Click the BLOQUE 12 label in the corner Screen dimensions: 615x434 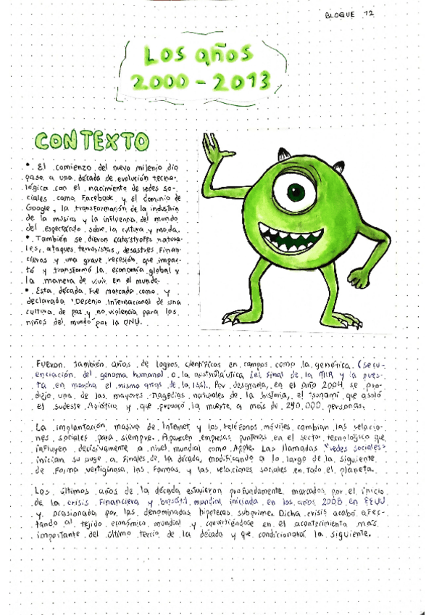[x=351, y=14]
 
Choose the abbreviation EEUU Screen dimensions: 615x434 [x=375, y=501]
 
